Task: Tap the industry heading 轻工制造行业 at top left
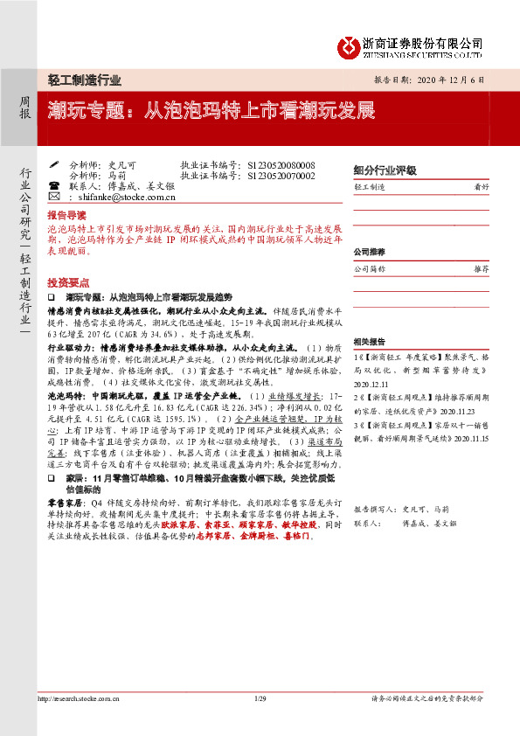pos(84,80)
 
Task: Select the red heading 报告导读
pos(66,214)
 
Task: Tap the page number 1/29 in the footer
pos(260,724)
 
